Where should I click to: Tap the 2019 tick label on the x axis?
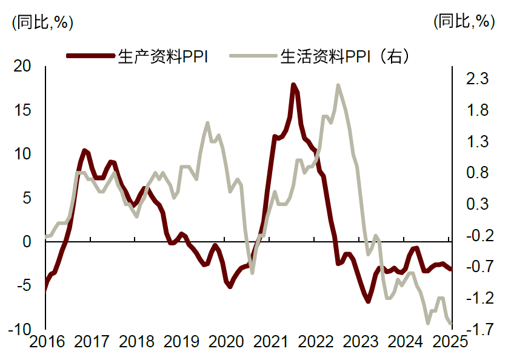point(181,341)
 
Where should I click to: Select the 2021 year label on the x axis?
point(270,341)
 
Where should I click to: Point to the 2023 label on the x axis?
point(361,341)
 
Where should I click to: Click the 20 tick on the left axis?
point(22,67)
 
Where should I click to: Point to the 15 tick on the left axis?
point(22,111)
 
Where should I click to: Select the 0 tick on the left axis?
point(26,242)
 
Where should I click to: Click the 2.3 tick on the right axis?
point(476,79)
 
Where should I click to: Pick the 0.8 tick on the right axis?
point(476,173)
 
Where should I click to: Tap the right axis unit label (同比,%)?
point(464,22)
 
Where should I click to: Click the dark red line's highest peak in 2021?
point(293,85)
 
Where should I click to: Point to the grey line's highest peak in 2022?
point(338,85)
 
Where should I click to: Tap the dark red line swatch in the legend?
point(90,56)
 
